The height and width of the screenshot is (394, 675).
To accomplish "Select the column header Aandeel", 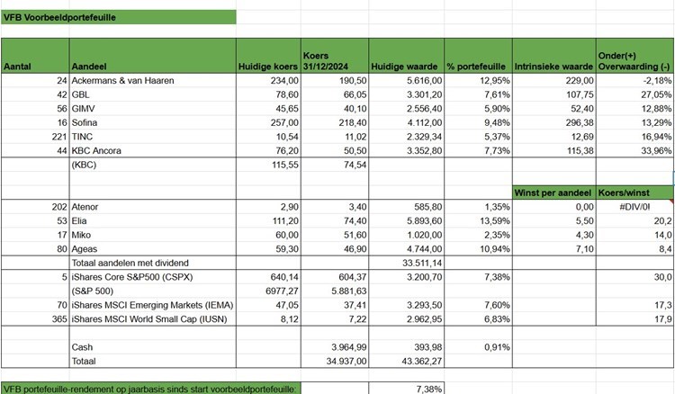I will [x=88, y=67].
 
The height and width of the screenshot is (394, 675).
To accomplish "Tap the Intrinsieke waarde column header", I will [x=553, y=67].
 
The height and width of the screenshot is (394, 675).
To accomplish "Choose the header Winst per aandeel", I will [x=553, y=192].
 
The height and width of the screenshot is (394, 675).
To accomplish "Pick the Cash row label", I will [x=82, y=346].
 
